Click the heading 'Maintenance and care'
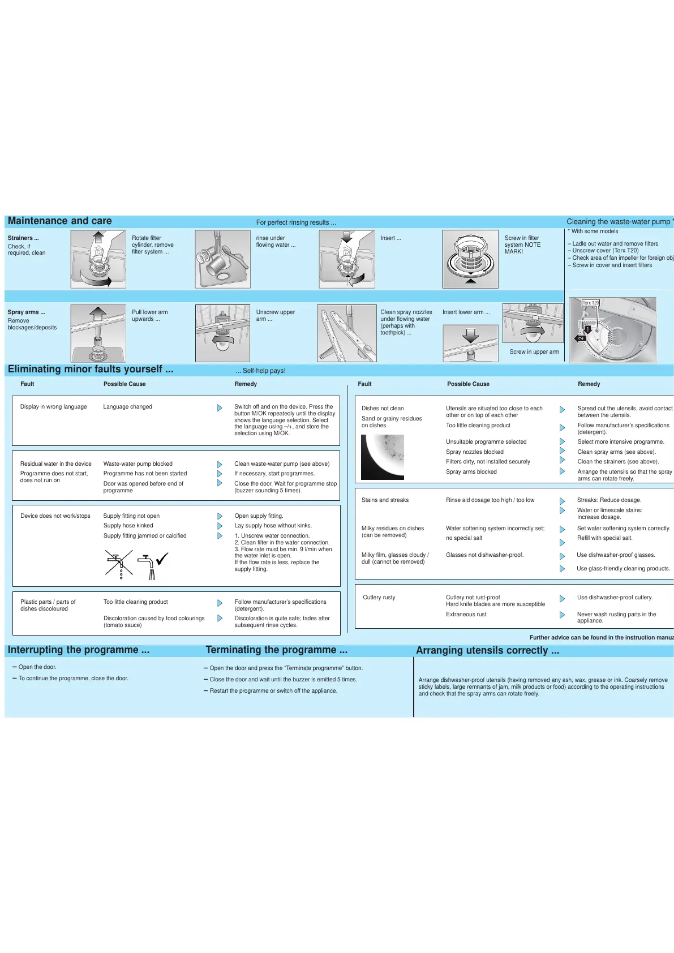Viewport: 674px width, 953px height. pyautogui.click(x=59, y=221)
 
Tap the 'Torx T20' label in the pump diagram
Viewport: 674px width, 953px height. pyautogui.click(x=591, y=303)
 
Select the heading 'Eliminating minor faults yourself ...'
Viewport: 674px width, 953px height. pyautogui.click(x=91, y=370)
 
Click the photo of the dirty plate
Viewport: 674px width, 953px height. pyautogui.click(x=383, y=457)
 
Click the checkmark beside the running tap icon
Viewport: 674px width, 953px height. pyautogui.click(x=162, y=559)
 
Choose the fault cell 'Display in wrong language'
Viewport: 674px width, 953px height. pyautogui.click(x=54, y=407)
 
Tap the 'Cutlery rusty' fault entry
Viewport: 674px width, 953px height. pyautogui.click(x=379, y=598)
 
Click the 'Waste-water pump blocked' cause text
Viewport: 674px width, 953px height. pyautogui.click(x=138, y=464)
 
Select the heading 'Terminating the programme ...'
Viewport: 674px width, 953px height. pyautogui.click(x=276, y=650)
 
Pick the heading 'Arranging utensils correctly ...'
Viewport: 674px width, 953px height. pyautogui.click(x=487, y=651)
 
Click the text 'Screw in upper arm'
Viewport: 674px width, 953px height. pyautogui.click(x=534, y=352)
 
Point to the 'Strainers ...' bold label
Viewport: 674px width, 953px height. pyautogui.click(x=23, y=238)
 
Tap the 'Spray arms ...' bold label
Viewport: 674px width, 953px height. pyautogui.click(x=26, y=312)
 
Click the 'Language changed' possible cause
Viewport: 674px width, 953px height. pyautogui.click(x=127, y=407)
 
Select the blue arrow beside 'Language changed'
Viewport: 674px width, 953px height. pyautogui.click(x=220, y=408)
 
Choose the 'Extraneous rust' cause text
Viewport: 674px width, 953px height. pyautogui.click(x=466, y=615)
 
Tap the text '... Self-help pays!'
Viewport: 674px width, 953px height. pyautogui.click(x=260, y=371)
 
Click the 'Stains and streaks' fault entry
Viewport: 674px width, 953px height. pyautogui.click(x=385, y=500)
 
